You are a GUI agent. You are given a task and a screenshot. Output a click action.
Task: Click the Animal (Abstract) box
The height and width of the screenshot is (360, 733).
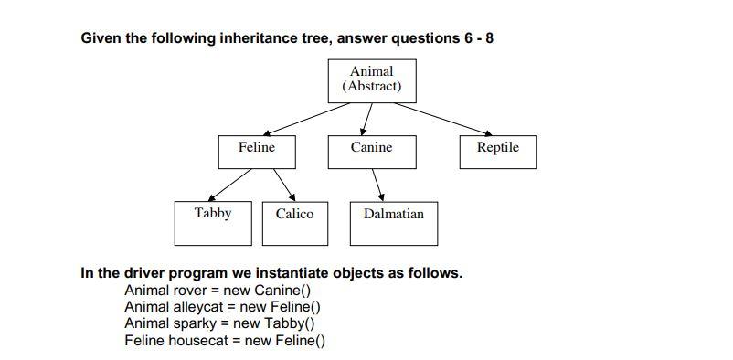point(372,80)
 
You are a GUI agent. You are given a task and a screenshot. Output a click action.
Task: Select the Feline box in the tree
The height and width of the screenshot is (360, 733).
point(257,152)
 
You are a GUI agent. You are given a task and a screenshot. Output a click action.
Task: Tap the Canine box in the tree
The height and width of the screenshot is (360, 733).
point(371,152)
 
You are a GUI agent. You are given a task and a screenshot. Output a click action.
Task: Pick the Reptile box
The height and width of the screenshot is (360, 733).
point(497,152)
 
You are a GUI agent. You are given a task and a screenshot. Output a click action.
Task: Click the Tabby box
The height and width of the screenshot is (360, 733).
point(213,223)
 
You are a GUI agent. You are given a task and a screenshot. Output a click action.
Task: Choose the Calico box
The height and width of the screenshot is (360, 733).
point(294,223)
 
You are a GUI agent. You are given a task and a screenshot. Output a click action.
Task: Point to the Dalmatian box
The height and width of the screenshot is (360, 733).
point(393,223)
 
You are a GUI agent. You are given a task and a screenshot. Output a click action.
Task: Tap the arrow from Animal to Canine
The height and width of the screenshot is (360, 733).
point(367,119)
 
